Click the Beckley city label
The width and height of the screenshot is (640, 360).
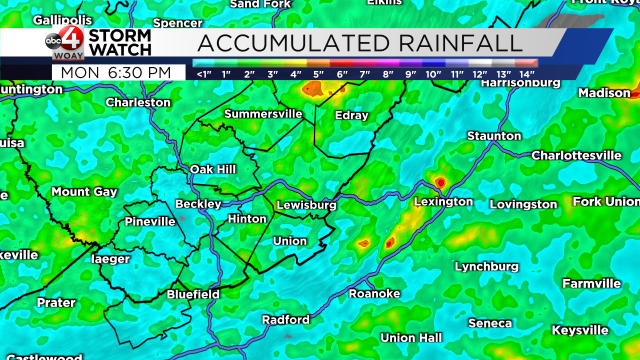pos(198,204)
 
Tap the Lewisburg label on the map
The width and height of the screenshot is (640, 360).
pos(306,205)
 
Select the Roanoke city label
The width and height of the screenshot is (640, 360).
pos(374,293)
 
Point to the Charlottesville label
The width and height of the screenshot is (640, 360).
pos(576,155)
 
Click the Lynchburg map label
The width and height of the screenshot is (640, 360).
pos(486,266)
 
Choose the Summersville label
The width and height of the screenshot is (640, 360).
pos(263,114)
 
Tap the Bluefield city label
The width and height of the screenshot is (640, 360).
pos(193,294)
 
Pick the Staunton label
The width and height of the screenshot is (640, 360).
pos(494,136)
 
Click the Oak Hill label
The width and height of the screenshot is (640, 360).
pos(212,169)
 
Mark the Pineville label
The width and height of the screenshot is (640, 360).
pos(150,221)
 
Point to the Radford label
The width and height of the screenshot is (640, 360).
pos(286,319)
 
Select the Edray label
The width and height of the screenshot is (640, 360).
pos(351,115)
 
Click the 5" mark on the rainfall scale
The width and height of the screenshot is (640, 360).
pos(318,74)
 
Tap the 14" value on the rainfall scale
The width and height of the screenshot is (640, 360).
pos(526,74)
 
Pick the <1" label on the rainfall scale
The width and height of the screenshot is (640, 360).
pos(204,74)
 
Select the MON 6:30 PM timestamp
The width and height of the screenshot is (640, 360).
pos(116,73)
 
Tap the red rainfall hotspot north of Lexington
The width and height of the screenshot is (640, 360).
pos(440,182)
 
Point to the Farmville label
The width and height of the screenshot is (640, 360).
pos(591,283)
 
